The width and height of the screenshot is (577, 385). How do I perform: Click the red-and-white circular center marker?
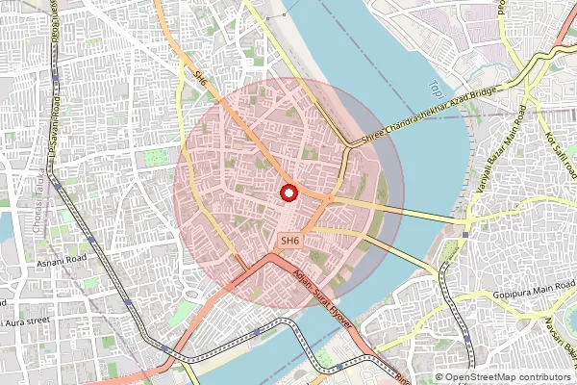(288, 193)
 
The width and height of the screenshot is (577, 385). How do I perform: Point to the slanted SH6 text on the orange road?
(201, 77)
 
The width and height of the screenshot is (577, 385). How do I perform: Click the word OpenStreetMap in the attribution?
(489, 376)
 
